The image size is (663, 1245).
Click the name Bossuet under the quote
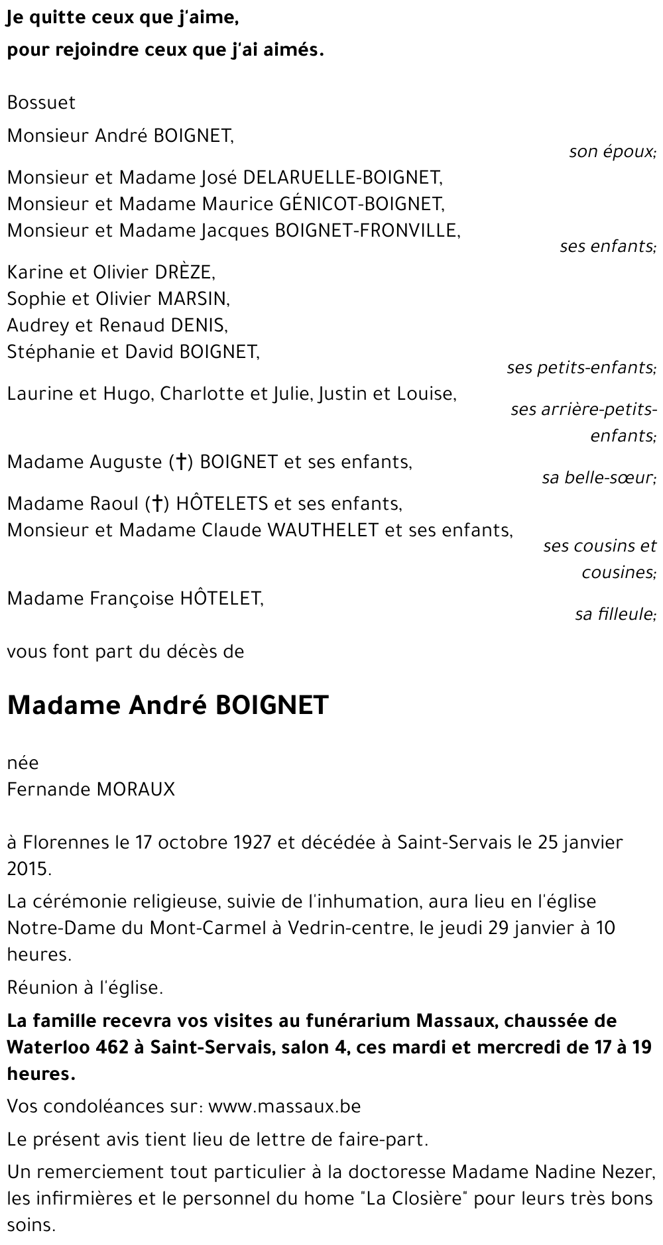click(41, 103)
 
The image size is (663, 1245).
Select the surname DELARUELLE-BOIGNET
click(342, 177)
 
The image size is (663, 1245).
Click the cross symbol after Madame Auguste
click(179, 463)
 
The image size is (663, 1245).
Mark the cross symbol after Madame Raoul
click(158, 504)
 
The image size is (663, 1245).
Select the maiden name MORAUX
click(136, 789)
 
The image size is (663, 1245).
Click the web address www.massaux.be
click(284, 1106)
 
